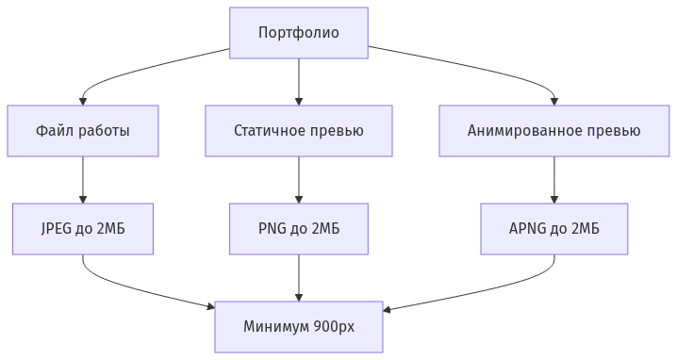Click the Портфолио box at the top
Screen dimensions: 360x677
point(299,33)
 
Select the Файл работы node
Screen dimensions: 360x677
point(83,130)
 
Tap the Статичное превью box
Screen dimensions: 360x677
point(299,130)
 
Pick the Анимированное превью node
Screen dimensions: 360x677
point(553,130)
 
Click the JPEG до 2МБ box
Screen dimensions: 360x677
point(83,229)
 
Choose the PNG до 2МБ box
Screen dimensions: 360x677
point(299,229)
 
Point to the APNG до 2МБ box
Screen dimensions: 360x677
point(553,229)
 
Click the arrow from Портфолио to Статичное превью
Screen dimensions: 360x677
point(299,81)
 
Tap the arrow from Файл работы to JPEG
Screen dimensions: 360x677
point(83,179)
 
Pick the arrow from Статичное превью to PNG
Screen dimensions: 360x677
point(299,179)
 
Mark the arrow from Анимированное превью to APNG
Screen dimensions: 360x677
point(553,179)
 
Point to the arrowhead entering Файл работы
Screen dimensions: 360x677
point(83,100)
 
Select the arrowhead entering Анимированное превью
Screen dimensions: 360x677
point(553,100)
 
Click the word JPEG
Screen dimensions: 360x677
point(58,229)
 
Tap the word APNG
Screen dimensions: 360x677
point(528,229)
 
